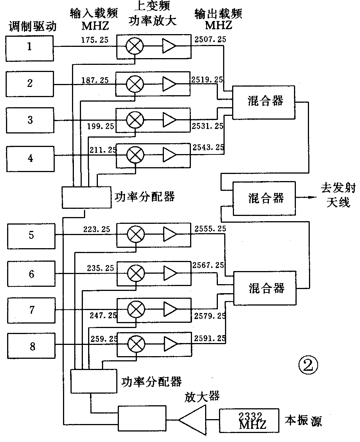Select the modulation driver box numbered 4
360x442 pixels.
(30, 158)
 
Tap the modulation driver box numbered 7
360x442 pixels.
(31, 310)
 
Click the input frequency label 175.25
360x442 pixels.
(94, 39)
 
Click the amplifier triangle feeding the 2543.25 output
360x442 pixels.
(169, 154)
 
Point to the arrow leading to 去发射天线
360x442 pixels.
(307, 198)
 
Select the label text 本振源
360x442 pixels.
(303, 421)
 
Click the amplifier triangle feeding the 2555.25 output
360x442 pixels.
(170, 234)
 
